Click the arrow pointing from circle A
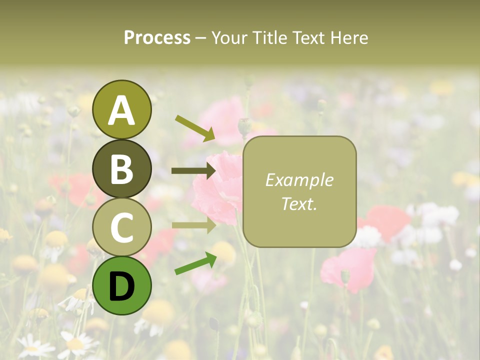(195, 128)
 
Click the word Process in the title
(157, 38)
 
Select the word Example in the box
(299, 180)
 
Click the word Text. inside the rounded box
(299, 203)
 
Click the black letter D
(122, 286)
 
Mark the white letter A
(122, 110)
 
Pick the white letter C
(122, 227)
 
